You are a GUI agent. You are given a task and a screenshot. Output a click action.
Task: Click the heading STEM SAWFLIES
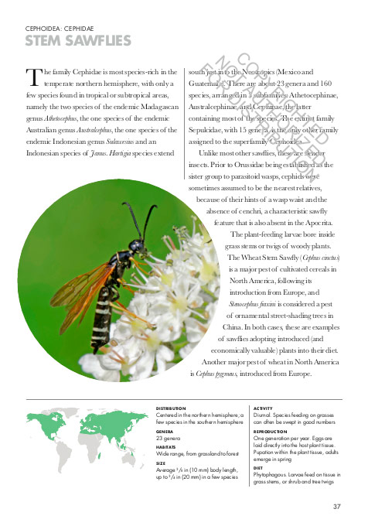pyautogui.click(x=78, y=41)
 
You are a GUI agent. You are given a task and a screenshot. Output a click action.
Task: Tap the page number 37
pyautogui.click(x=336, y=507)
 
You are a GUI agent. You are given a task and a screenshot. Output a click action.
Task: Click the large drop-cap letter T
pyautogui.click(x=33, y=77)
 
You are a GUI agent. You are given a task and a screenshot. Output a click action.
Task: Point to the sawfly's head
pyautogui.click(x=137, y=246)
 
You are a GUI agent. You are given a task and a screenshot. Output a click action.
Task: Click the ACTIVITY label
pyautogui.click(x=264, y=408)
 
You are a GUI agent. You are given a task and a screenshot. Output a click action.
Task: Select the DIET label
pyautogui.click(x=258, y=468)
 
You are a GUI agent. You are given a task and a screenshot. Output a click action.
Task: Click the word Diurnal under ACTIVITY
pyautogui.click(x=264, y=415)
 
